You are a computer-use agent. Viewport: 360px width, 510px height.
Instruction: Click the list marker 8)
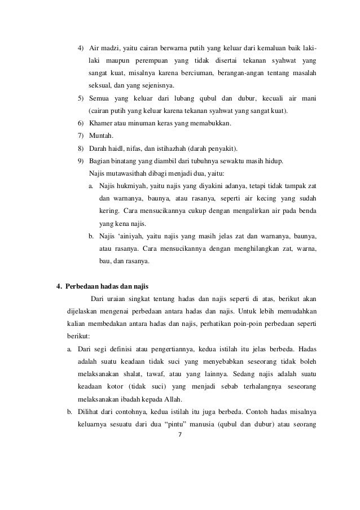click(81, 149)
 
